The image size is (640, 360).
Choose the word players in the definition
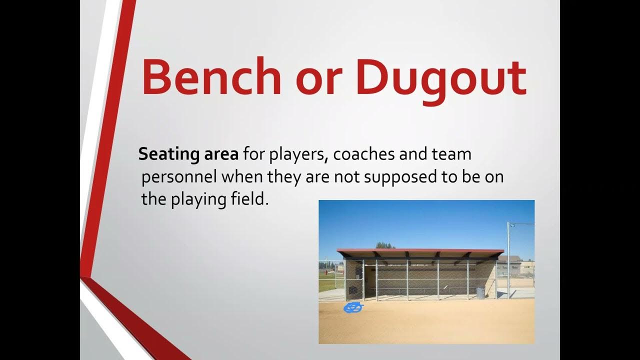[298, 155]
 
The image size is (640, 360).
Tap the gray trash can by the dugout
[480, 292]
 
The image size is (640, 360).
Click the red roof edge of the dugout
[420, 250]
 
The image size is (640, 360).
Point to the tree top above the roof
[385, 244]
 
